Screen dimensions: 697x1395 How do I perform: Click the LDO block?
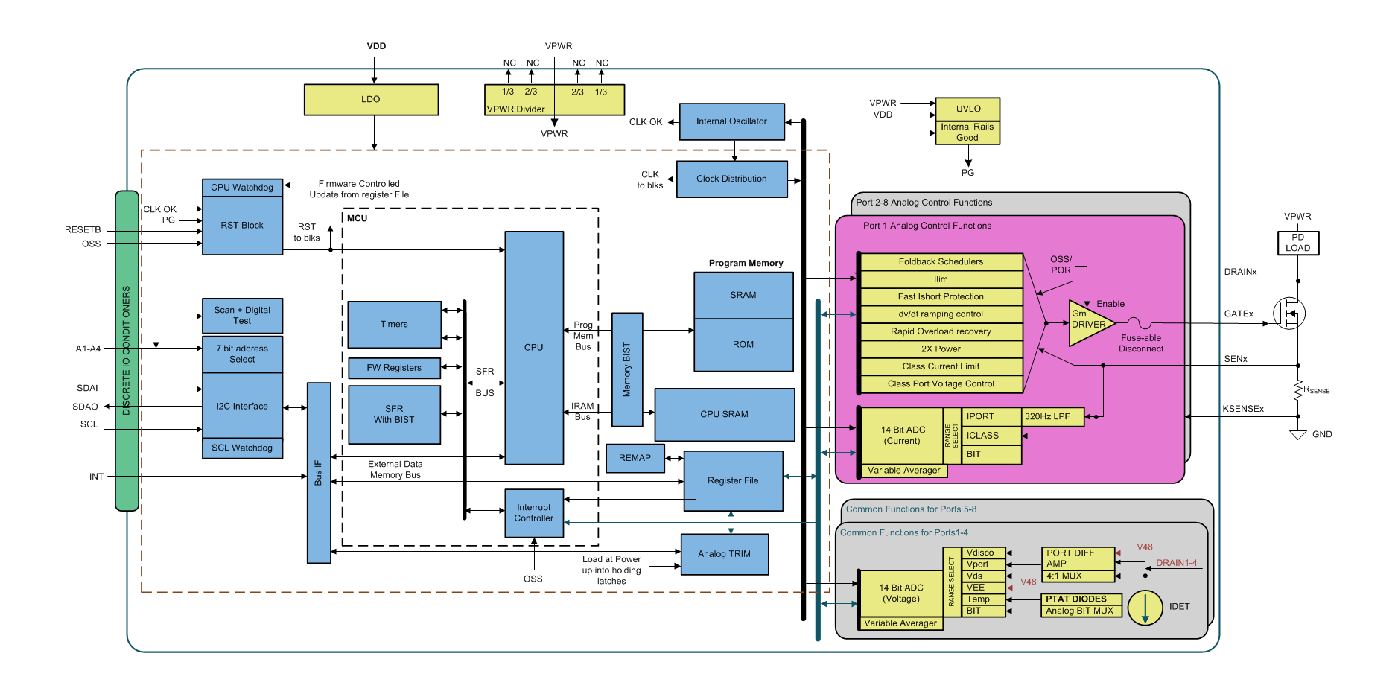(371, 100)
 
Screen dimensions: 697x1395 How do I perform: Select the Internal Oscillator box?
(731, 121)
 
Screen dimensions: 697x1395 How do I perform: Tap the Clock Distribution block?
(731, 179)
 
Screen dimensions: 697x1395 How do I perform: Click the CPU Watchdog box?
(242, 188)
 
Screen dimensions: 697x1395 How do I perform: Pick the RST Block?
(242, 226)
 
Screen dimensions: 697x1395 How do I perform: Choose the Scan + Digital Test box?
(242, 316)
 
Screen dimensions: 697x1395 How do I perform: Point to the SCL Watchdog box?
(242, 448)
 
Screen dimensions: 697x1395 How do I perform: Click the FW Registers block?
(394, 368)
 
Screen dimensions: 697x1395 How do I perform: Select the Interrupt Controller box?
(534, 513)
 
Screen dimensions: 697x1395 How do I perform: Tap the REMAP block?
(635, 458)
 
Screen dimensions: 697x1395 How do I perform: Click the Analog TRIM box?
(724, 554)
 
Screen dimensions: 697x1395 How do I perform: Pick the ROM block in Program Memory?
(743, 345)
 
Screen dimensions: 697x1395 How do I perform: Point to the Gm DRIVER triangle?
(1088, 323)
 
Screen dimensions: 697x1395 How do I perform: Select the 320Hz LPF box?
(1052, 417)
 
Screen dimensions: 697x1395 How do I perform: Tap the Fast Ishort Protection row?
(941, 296)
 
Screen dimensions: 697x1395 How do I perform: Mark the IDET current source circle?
(1145, 608)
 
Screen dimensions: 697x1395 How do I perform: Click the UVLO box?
(967, 109)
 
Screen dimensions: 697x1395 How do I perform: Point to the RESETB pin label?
(83, 230)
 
